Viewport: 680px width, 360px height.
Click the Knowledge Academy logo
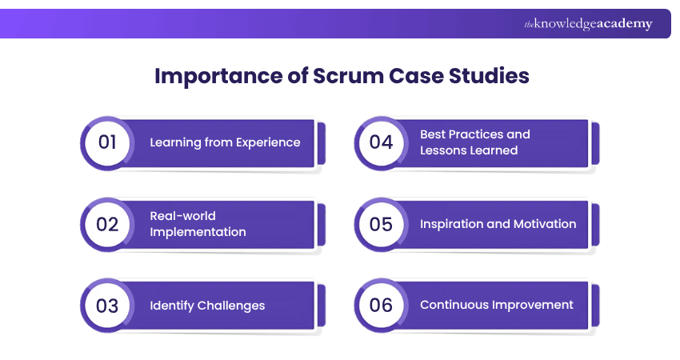coord(588,24)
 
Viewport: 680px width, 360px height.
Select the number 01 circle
coord(107,143)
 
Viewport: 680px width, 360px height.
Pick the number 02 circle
coord(107,224)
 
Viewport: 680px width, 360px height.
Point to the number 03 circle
coord(107,306)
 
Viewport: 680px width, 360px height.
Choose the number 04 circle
coord(381,143)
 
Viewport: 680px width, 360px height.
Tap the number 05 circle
coord(381,224)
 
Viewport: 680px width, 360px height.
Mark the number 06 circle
coord(381,306)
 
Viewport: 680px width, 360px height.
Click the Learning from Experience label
coord(225,142)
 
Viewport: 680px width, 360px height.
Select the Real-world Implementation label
coord(198,224)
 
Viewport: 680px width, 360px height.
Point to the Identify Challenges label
coord(207,305)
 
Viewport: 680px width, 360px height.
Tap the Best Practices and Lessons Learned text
coord(474,142)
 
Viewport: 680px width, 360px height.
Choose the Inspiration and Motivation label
coord(498,224)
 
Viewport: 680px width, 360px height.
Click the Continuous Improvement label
coord(496,305)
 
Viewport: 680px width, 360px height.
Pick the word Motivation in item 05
coord(544,224)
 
